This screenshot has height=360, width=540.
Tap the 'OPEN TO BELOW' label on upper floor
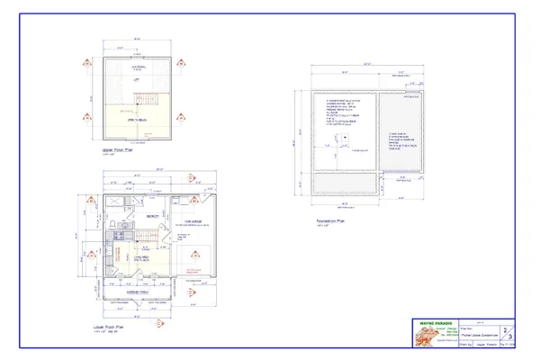[138, 117]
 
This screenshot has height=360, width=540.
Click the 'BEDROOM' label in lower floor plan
[154, 216]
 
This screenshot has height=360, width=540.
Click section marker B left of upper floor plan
[86, 116]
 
